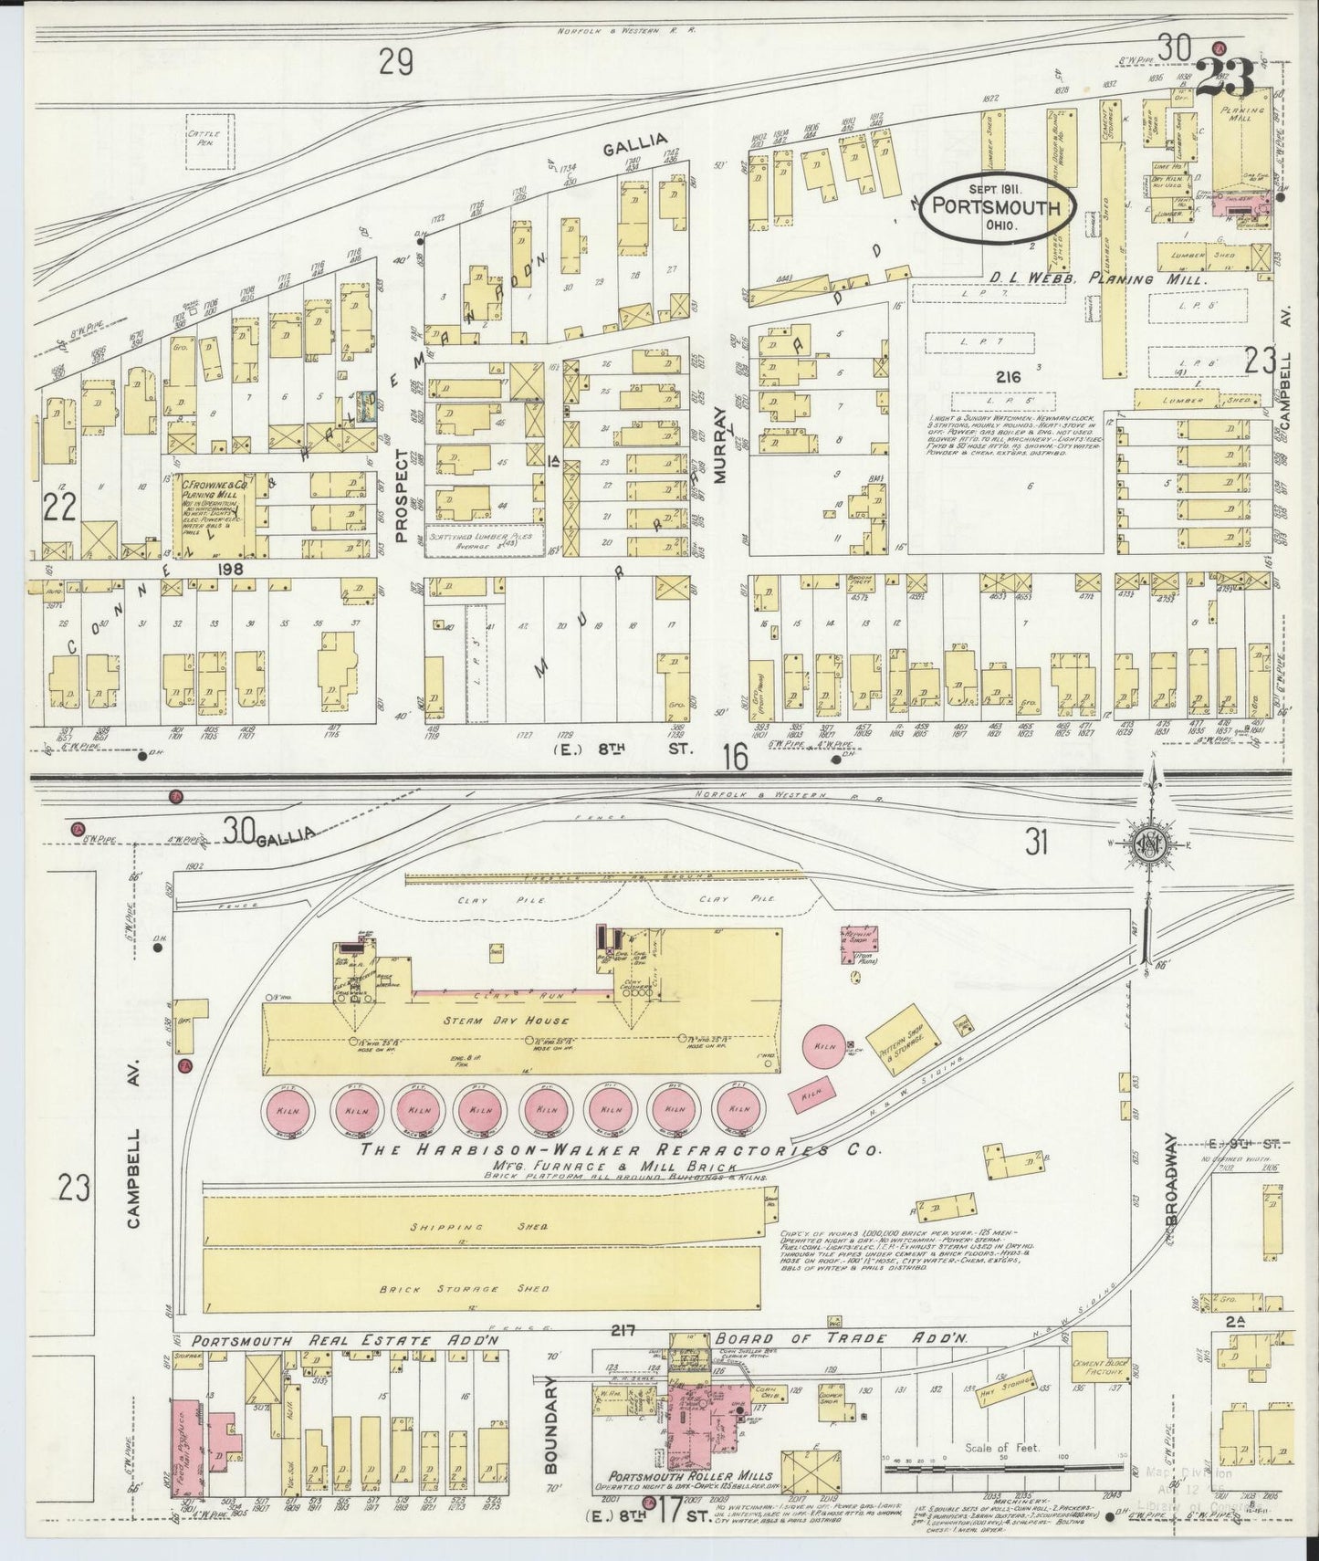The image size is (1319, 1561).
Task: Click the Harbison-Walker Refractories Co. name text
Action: point(621,1151)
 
